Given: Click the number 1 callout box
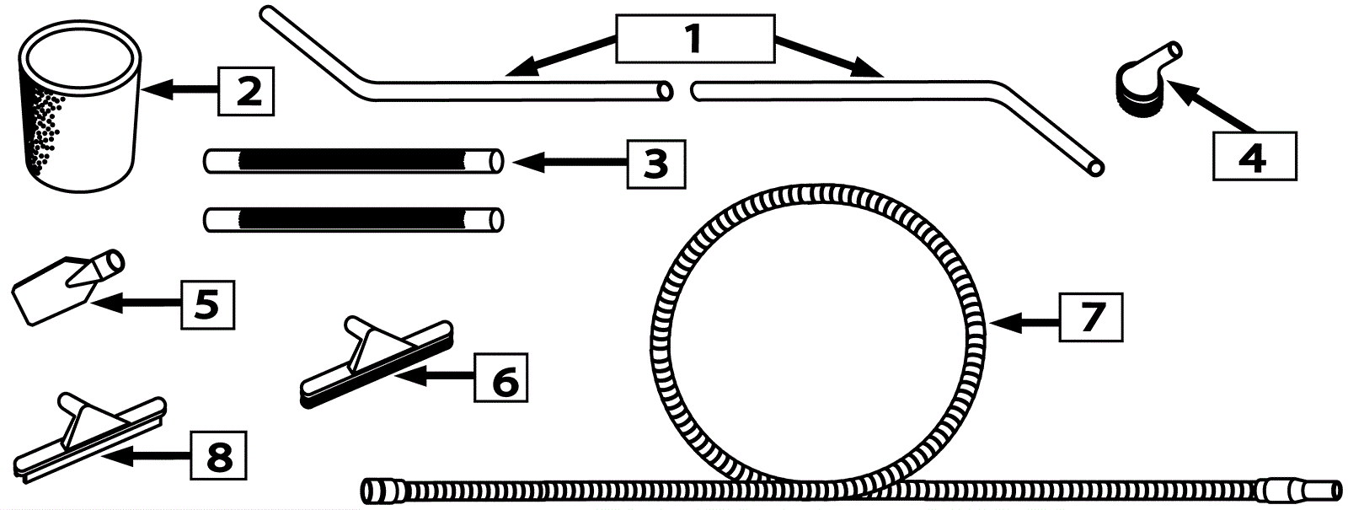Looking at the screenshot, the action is (x=694, y=39).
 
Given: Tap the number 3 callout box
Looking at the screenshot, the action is (x=655, y=163).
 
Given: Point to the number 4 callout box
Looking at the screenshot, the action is (x=1253, y=156).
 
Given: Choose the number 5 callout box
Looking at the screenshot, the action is (x=207, y=303).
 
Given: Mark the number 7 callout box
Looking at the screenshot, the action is (x=1091, y=316).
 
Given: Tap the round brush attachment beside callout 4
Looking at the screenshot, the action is (x=1142, y=80).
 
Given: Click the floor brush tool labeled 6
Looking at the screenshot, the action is (x=377, y=362).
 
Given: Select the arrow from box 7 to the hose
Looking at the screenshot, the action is (x=1024, y=321).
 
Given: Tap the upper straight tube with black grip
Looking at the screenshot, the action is (x=354, y=161).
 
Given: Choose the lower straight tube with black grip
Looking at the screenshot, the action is (x=354, y=220).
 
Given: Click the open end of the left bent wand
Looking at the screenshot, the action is (x=666, y=90).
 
